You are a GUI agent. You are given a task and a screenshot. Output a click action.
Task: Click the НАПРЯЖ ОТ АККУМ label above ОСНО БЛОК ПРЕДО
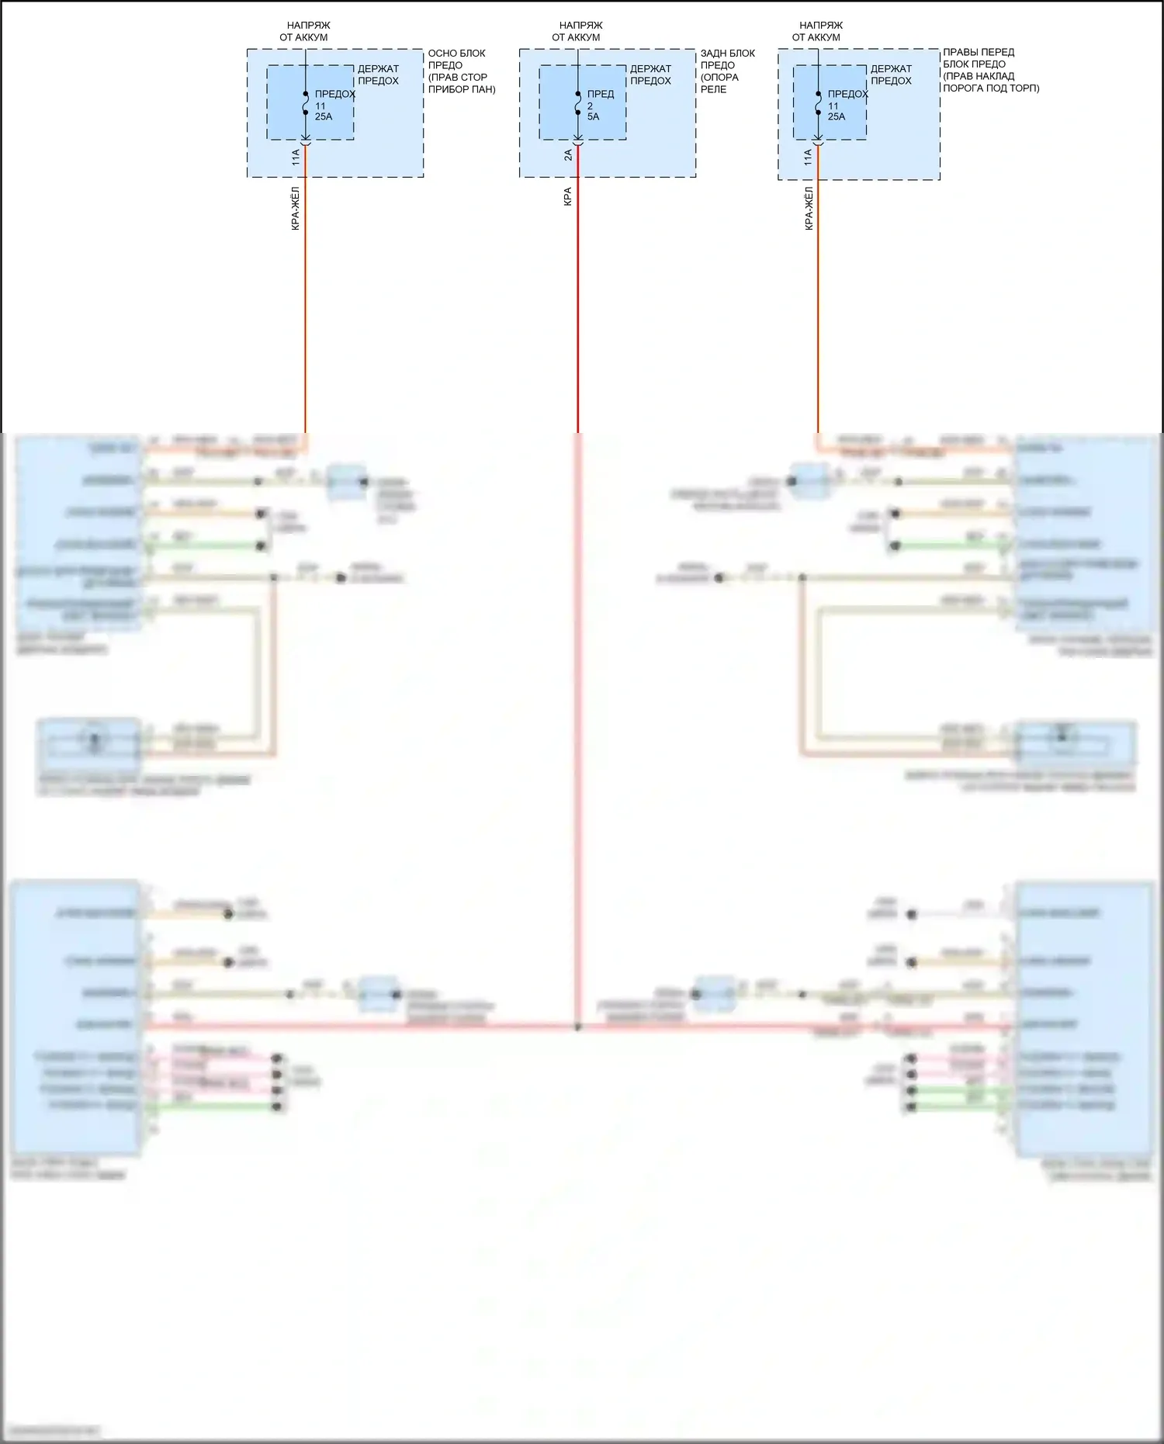[x=305, y=31]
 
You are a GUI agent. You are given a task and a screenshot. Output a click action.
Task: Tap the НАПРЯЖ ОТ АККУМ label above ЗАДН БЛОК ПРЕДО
[x=577, y=31]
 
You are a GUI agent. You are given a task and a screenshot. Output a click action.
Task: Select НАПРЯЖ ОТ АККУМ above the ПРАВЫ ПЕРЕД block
[x=818, y=31]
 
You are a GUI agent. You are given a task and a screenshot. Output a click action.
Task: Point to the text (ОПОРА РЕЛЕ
[x=719, y=83]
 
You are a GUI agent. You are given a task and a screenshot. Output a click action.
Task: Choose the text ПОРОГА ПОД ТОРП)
[x=991, y=88]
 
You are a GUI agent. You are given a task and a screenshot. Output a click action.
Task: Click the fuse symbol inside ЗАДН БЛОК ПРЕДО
[x=578, y=103]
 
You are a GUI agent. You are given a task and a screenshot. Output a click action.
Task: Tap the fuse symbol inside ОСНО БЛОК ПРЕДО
[x=306, y=103]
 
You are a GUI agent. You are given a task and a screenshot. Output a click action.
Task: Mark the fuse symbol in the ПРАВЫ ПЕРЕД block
[x=819, y=103]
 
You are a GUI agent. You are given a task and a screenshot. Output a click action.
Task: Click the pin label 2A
[x=568, y=155]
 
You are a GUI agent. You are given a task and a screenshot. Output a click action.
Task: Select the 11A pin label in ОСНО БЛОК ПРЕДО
[x=296, y=158]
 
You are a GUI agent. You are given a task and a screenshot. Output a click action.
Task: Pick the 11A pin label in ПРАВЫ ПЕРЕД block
[x=808, y=158]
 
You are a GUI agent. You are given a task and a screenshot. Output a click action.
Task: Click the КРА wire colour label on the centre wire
[x=568, y=196]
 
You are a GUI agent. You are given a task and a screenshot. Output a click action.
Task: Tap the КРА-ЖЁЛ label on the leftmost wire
[x=296, y=209]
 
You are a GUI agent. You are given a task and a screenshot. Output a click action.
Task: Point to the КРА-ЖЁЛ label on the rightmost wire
[x=809, y=209]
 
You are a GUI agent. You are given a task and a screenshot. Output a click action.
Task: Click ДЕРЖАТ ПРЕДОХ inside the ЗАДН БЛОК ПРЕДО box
[x=650, y=74]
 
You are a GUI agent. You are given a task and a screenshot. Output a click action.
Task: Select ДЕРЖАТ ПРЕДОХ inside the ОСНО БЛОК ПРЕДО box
[x=378, y=74]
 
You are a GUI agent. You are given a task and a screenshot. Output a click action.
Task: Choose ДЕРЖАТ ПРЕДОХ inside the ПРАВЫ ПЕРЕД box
[x=891, y=74]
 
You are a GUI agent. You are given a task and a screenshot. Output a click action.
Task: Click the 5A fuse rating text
[x=594, y=116]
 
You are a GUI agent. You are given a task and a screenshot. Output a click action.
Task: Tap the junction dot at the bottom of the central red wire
[x=578, y=1027]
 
